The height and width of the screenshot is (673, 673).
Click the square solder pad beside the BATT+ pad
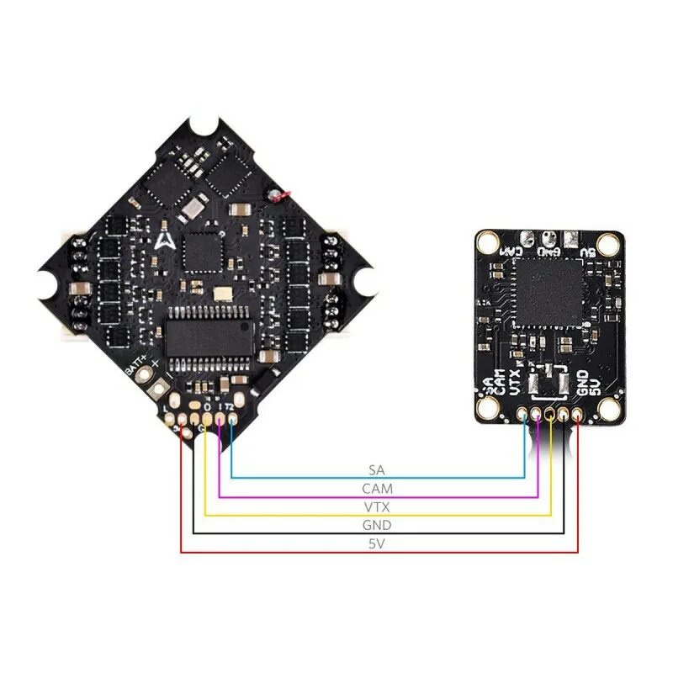point(159,388)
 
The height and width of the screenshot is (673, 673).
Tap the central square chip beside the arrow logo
point(201,250)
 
